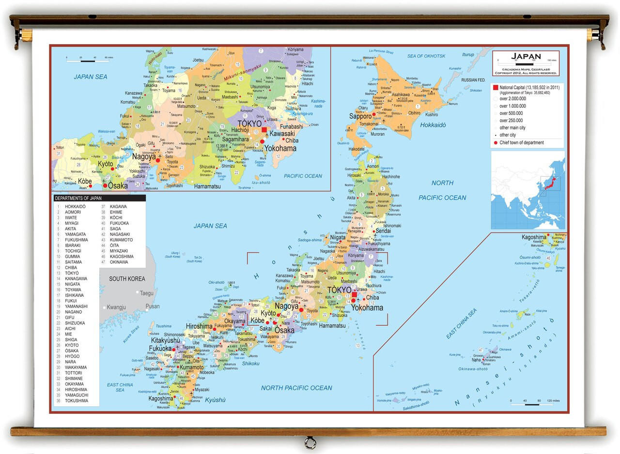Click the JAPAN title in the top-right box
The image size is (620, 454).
(526, 56)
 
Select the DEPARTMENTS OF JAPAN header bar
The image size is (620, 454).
(99, 198)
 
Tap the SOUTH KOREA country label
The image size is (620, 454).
(127, 279)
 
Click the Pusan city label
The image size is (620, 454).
(153, 307)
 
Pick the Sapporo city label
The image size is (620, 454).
(360, 116)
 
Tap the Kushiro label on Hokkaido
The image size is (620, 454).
(432, 115)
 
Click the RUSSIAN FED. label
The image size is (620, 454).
(473, 80)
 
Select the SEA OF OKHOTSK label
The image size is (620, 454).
(426, 56)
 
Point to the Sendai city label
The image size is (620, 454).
(383, 231)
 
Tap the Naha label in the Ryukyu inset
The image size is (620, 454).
(476, 360)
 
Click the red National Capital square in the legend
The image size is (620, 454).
(496, 88)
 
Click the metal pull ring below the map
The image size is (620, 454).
(310, 442)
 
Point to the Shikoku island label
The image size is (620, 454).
(251, 363)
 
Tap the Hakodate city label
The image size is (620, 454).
(356, 149)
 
